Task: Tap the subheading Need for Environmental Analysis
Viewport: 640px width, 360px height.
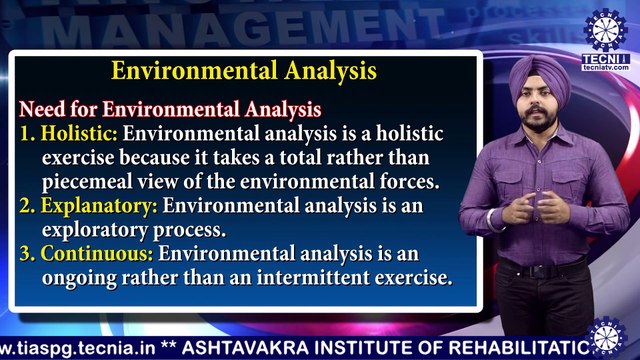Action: pos(171,106)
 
